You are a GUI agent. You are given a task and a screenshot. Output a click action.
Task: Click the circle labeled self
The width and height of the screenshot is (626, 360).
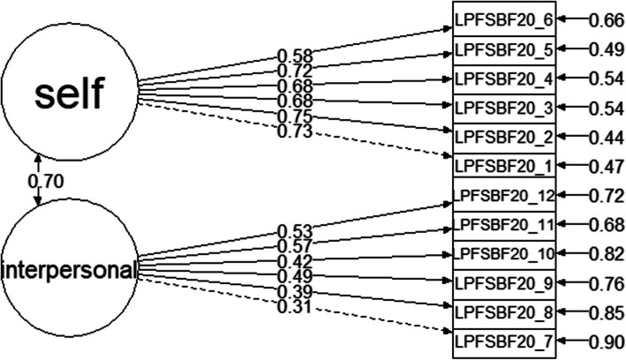[71, 91]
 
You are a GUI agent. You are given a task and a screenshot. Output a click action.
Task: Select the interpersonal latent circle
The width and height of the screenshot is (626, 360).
[71, 267]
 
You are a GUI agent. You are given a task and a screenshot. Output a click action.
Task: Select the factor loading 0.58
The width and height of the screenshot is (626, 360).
[292, 56]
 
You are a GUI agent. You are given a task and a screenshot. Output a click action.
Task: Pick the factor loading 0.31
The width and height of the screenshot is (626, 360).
[292, 306]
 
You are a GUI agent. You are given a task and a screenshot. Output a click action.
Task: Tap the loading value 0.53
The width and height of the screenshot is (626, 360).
[292, 231]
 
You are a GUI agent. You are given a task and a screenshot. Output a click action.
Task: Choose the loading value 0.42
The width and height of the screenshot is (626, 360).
[292, 262]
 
